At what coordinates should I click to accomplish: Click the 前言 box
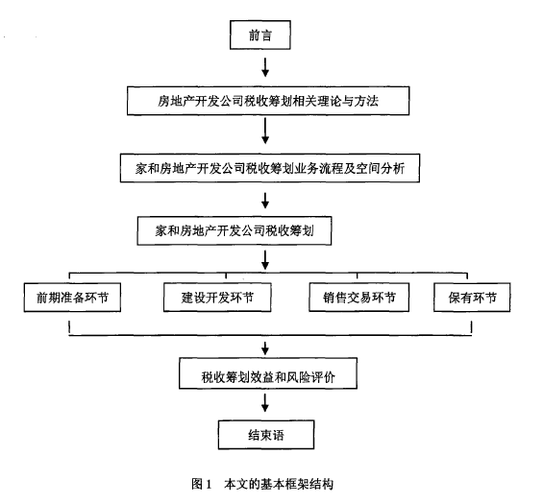(260, 35)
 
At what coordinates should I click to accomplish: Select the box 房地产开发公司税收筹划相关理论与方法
(268, 101)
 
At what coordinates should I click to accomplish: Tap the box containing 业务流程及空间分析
(270, 168)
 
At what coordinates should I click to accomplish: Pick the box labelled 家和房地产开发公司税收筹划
(234, 230)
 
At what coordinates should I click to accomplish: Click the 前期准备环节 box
(72, 298)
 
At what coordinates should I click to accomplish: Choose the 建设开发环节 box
(217, 298)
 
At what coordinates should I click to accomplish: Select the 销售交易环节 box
(359, 298)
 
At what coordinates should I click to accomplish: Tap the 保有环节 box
(472, 298)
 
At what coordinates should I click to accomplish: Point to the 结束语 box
(266, 435)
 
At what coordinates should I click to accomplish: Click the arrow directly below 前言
(265, 67)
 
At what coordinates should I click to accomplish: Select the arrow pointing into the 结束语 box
(265, 403)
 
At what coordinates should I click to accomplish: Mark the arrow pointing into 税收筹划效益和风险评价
(265, 348)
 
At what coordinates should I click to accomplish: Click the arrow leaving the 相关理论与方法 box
(265, 131)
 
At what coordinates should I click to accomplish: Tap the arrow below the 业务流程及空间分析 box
(265, 201)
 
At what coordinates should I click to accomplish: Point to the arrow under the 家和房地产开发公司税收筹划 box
(265, 260)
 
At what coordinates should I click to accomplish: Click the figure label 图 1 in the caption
(202, 484)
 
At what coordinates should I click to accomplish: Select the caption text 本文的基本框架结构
(279, 484)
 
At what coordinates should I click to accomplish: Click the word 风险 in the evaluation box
(299, 376)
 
